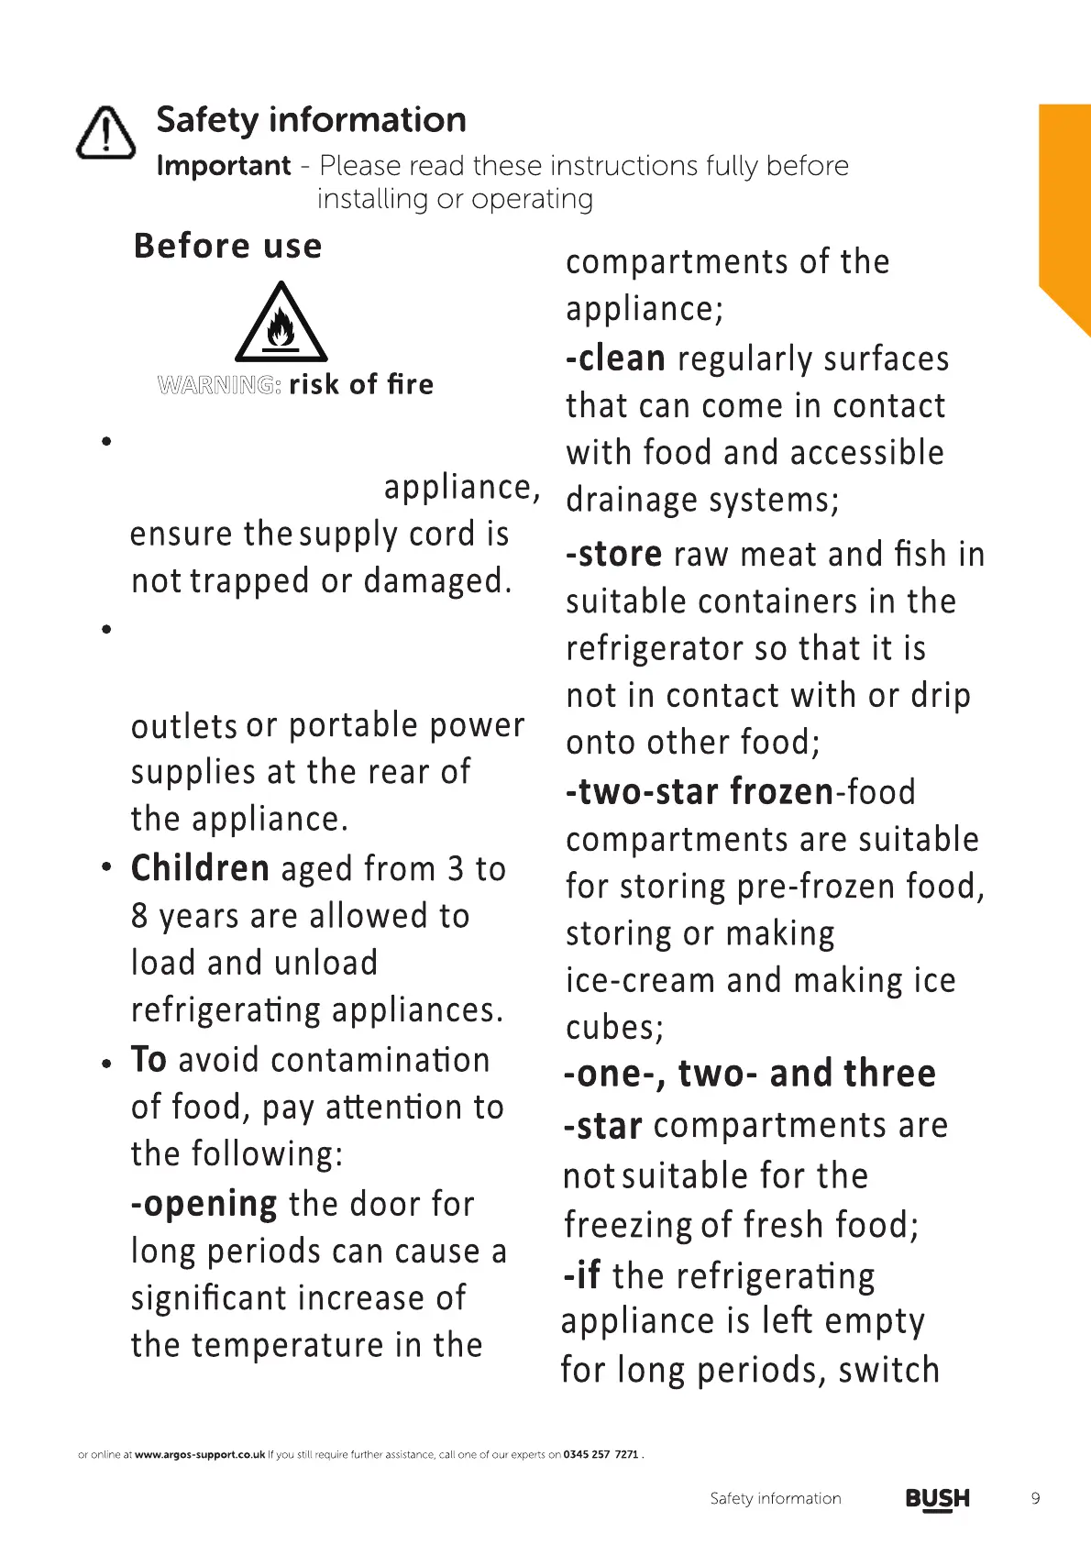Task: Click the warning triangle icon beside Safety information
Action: click(x=106, y=132)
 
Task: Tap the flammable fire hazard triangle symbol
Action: click(x=281, y=324)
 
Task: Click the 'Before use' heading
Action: click(x=227, y=246)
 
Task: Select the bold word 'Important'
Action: click(x=223, y=166)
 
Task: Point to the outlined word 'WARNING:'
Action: click(x=219, y=385)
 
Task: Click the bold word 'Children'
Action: click(x=200, y=868)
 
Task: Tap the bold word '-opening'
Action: click(x=204, y=1203)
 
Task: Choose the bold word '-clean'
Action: click(x=615, y=358)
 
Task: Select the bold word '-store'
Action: click(x=613, y=554)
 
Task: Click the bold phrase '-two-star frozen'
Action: click(x=700, y=791)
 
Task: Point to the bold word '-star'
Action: click(x=602, y=1126)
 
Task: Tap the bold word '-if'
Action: click(x=581, y=1275)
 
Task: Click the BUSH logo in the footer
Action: click(x=937, y=1499)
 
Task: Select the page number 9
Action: click(x=1035, y=1499)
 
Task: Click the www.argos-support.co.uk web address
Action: click(x=200, y=1454)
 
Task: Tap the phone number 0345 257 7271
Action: click(x=601, y=1454)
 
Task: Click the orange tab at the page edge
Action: click(x=1064, y=211)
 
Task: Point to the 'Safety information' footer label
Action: click(x=775, y=1499)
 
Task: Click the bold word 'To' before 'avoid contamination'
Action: click(x=149, y=1060)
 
